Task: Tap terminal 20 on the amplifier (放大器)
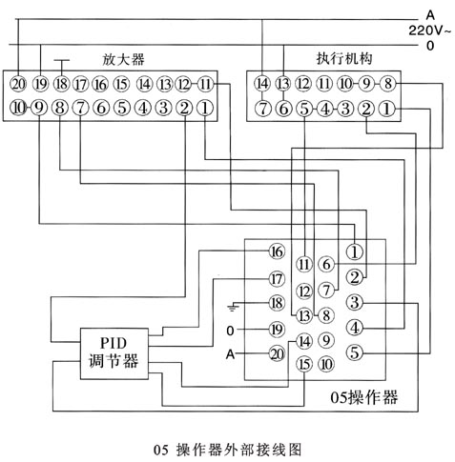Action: point(18,84)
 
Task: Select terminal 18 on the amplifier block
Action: point(61,84)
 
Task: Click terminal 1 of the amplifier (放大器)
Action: point(205,109)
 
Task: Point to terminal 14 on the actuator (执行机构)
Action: point(262,84)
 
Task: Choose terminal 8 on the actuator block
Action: point(388,84)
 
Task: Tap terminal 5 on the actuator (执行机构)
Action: point(304,109)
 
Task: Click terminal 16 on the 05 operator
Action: point(277,251)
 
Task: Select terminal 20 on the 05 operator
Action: point(277,353)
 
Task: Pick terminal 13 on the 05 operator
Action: point(304,315)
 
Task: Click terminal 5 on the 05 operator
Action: point(355,352)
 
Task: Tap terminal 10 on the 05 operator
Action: point(326,364)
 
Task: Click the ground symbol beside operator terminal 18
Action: point(233,308)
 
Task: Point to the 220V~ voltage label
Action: point(429,30)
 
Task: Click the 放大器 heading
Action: point(123,59)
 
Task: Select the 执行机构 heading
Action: point(344,59)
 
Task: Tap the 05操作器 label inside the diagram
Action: point(363,397)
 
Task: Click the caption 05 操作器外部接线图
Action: point(228,450)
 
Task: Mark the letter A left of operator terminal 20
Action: point(230,353)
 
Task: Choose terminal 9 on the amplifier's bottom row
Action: point(39,109)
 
